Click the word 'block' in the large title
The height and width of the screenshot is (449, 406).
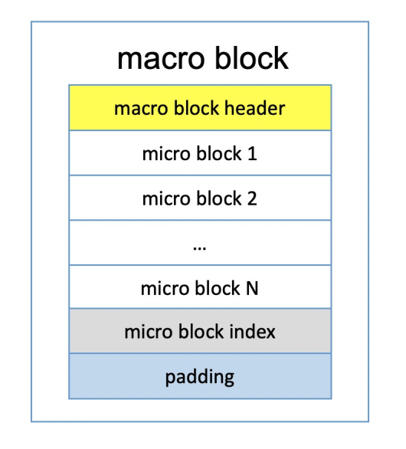point(252,57)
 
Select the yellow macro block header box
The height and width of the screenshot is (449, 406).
point(200,108)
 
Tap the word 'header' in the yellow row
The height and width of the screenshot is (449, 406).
point(254,108)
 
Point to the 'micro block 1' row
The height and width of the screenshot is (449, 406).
point(200,153)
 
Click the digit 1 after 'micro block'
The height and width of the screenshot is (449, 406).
point(252,153)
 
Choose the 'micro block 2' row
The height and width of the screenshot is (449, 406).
point(200,198)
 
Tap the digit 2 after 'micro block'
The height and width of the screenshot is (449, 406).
point(252,198)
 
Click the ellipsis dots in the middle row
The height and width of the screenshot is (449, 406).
point(200,248)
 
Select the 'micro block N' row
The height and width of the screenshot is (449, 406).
point(200,287)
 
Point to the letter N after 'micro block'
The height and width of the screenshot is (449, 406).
point(252,288)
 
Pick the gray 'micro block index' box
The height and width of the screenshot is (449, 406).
point(200,331)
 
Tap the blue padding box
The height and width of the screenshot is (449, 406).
point(200,376)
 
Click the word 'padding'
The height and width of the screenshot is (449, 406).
point(200,378)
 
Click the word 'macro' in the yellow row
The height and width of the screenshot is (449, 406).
point(141,110)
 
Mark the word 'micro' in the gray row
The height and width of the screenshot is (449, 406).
point(149,333)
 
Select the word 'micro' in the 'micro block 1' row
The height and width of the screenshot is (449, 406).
point(166,154)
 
